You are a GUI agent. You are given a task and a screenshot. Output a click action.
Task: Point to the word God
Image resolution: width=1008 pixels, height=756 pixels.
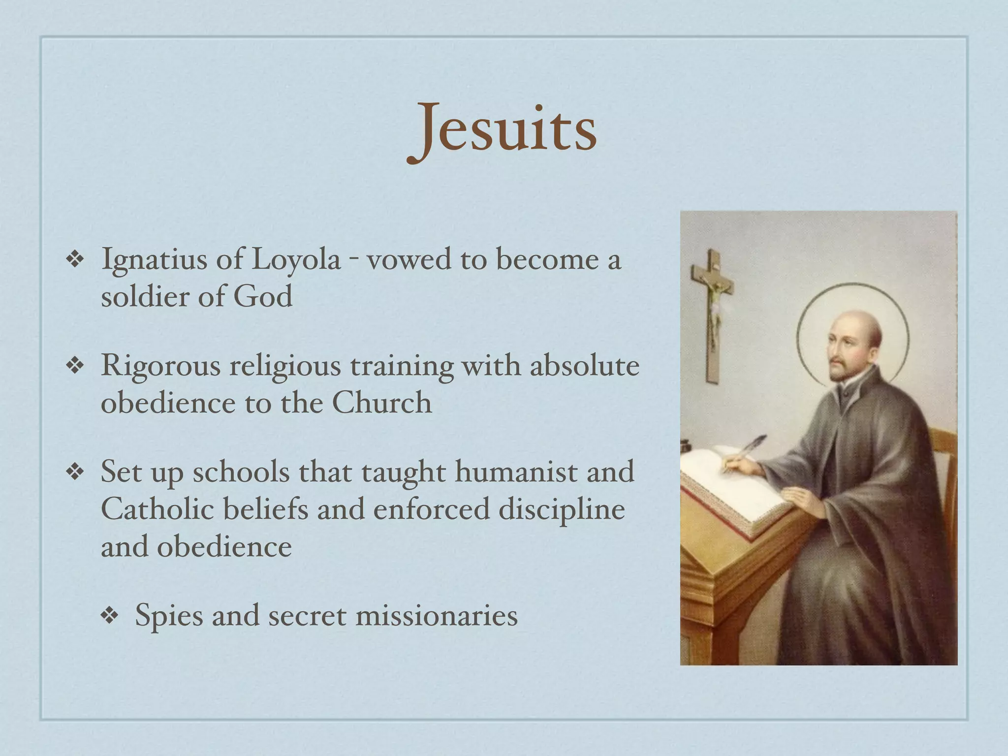[263, 297]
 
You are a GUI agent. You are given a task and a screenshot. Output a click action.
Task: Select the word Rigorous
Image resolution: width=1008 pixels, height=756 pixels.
[160, 367]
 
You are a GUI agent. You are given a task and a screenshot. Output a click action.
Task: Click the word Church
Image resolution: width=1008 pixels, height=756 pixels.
[381, 403]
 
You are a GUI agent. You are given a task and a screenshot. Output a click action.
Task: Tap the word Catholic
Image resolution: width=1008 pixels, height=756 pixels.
[157, 509]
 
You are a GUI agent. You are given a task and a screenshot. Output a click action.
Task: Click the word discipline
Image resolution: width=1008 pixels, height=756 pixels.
[562, 509]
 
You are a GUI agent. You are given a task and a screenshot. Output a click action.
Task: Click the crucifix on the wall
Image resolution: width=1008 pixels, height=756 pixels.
[713, 310]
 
